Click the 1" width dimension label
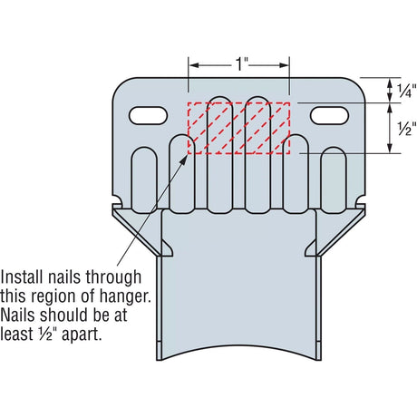point(241,64)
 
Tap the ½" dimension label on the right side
point(406,129)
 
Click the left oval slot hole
point(148,115)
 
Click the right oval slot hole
point(329,115)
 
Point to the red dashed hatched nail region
point(238,128)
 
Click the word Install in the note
point(22,276)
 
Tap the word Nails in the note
point(18,315)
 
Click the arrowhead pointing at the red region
point(183,160)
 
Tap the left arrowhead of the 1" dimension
point(193,65)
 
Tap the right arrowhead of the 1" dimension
point(285,65)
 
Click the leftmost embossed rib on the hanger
point(145,180)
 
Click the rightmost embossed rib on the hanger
point(334,180)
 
